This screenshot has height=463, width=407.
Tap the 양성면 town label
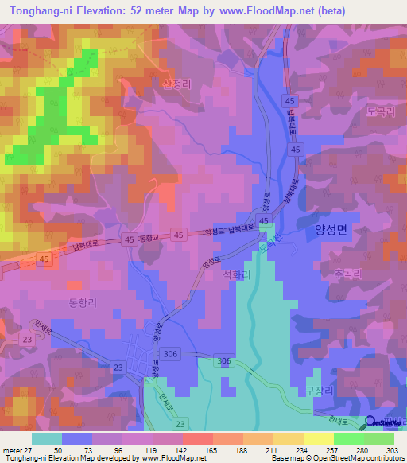331,229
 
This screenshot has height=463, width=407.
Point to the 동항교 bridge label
149,237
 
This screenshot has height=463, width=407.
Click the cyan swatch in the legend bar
46,438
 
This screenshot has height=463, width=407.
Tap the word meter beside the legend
10,450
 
